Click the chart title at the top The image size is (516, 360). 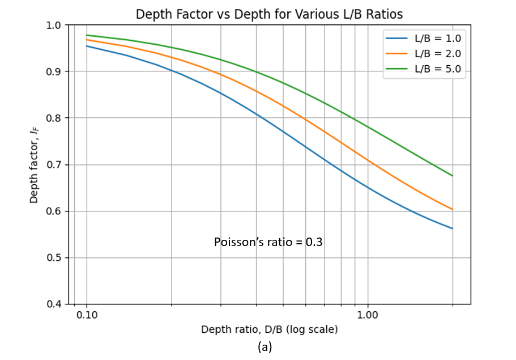(x=269, y=14)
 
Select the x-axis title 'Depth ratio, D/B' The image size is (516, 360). (x=269, y=329)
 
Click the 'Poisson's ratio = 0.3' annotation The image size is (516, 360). (x=268, y=242)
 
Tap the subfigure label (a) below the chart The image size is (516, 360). (x=265, y=347)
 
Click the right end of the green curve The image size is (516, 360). (x=452, y=176)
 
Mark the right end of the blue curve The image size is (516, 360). (x=452, y=228)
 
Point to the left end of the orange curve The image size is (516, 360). (x=87, y=40)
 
